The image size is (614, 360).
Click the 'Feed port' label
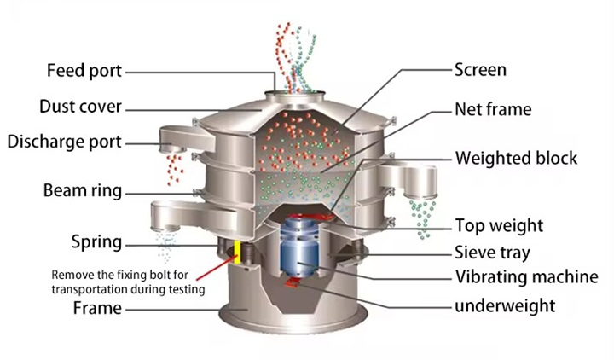point(84,70)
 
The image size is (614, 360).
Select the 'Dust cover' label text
point(81,107)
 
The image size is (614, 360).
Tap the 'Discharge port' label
point(64,141)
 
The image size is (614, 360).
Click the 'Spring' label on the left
point(95,242)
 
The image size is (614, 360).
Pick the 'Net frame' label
point(492,109)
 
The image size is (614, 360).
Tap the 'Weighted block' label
point(516,158)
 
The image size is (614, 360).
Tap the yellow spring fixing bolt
point(238,252)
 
